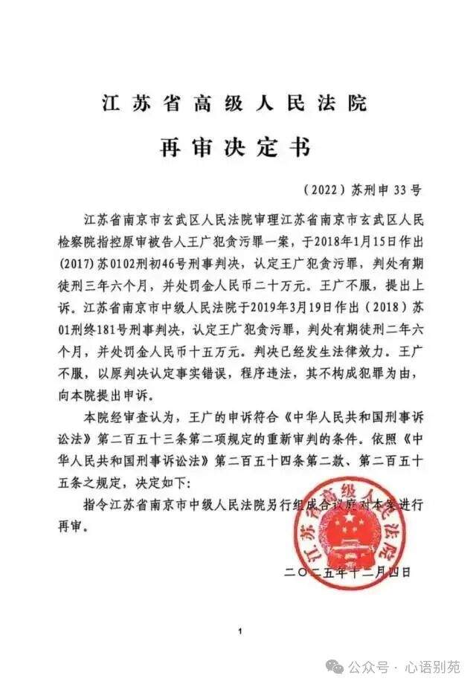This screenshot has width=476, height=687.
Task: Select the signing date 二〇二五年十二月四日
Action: [x=347, y=571]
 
